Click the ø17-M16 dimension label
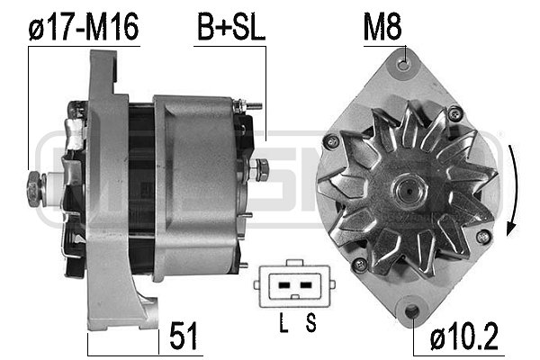point(83,28)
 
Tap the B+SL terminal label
point(230,28)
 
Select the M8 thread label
point(382,28)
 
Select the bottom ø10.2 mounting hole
point(413,312)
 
